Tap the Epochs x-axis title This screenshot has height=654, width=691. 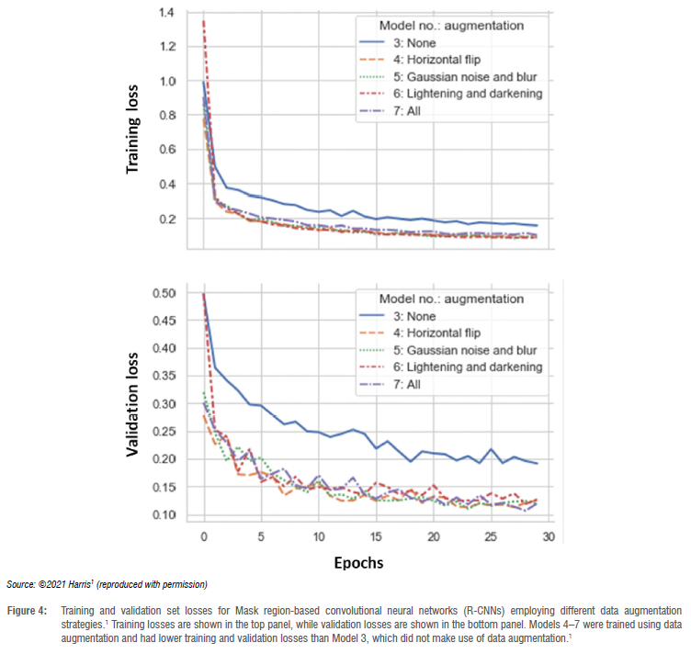click(359, 559)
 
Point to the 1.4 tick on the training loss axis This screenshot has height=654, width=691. click(164, 13)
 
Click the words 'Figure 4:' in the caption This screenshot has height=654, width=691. click(28, 611)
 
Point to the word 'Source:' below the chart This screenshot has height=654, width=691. click(21, 584)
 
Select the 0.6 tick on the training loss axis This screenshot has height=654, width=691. click(164, 150)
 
